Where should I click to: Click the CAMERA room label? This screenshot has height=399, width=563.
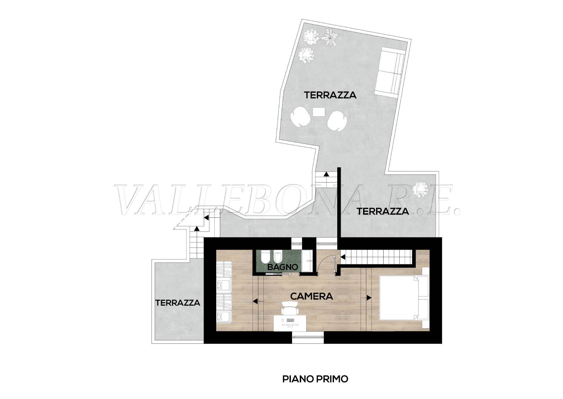click(x=311, y=296)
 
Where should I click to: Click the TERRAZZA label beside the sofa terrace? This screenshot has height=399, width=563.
click(x=330, y=95)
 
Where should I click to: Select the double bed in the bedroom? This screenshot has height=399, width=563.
click(x=401, y=302)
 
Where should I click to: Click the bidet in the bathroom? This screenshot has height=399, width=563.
click(x=277, y=257)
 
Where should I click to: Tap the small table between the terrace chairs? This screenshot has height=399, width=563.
click(x=319, y=112)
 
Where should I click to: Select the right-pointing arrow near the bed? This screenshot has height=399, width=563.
click(x=369, y=298)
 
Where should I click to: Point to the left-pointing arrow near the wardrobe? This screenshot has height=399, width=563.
click(x=256, y=301)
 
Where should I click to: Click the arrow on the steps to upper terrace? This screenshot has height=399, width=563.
click(x=326, y=174)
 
